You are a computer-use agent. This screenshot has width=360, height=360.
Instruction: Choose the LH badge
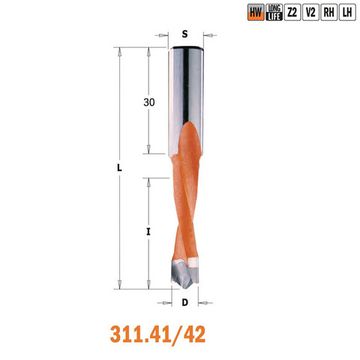click(x=349, y=12)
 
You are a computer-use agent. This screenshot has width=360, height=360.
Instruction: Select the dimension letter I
click(x=148, y=232)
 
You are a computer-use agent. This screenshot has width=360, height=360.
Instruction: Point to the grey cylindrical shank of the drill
click(x=187, y=90)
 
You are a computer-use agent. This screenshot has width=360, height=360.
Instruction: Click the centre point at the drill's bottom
click(x=186, y=285)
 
